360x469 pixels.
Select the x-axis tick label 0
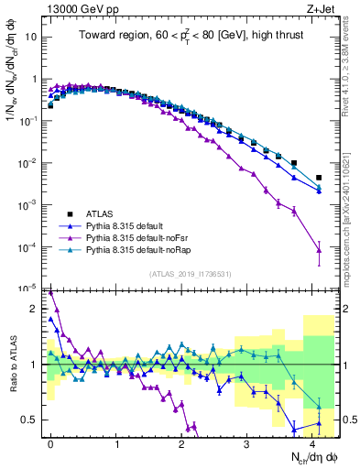50,442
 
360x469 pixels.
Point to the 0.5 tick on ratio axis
30,419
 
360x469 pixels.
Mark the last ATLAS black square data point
319,178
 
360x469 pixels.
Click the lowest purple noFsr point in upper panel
319,249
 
